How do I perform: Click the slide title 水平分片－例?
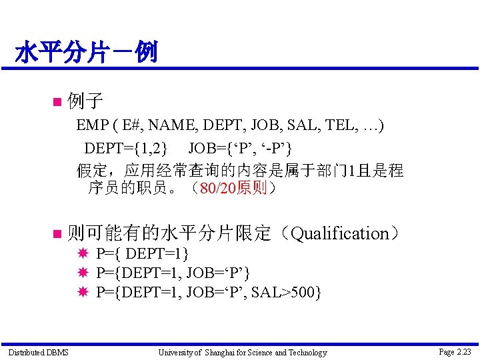(x=86, y=51)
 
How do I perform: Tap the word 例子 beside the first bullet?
(x=85, y=101)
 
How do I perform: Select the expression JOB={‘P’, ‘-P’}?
(x=240, y=147)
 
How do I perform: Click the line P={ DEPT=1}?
(x=143, y=254)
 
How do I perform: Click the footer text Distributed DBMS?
(x=38, y=352)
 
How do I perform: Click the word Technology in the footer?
(x=306, y=352)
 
